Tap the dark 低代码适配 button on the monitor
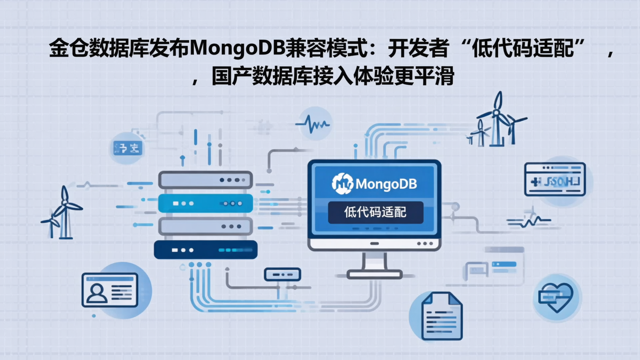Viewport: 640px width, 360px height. click(x=376, y=212)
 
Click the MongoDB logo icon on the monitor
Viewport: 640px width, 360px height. click(x=343, y=184)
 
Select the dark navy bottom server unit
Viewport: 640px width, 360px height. click(x=205, y=250)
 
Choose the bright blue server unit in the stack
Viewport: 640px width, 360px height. click(x=205, y=203)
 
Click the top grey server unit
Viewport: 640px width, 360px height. click(x=205, y=180)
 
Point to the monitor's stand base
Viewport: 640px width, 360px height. click(x=374, y=274)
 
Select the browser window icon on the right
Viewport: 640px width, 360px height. click(x=555, y=179)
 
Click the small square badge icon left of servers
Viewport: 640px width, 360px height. click(x=127, y=148)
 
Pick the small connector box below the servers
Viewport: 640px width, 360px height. click(x=282, y=274)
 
